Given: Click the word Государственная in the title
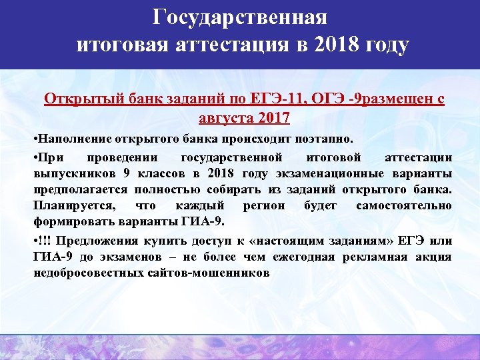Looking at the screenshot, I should coord(239,17).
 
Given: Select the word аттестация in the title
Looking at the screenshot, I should coord(230,46).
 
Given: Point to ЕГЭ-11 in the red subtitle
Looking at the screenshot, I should coord(277,101).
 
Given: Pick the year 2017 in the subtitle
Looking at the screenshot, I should coord(275,119).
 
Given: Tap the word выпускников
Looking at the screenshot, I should coord(73,173).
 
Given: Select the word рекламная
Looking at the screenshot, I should coord(375,257).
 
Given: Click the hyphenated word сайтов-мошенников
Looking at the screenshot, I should coord(211,273).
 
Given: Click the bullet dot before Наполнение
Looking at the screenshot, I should coord(35,141).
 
